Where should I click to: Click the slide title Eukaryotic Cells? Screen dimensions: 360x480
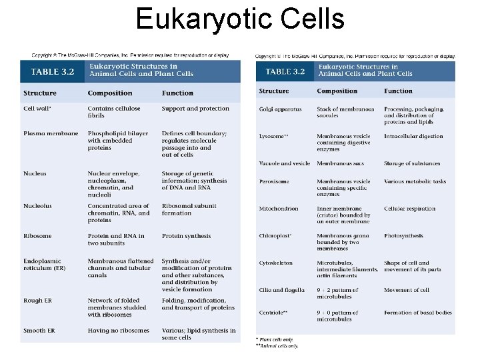(240, 19)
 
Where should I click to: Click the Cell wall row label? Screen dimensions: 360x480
(37, 108)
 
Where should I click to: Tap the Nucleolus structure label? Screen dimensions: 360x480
(37, 206)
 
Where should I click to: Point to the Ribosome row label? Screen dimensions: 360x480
(37, 236)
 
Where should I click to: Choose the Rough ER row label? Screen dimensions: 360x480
(38, 300)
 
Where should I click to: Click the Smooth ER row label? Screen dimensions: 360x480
(40, 331)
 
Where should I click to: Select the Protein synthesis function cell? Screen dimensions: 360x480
(186, 236)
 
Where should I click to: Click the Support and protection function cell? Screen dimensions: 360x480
(195, 108)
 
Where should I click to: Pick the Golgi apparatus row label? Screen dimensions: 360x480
(280, 109)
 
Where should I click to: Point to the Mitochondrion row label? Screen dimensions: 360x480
(279, 209)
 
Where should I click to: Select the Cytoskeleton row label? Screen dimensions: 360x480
(276, 263)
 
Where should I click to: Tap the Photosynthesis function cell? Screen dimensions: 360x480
(403, 235)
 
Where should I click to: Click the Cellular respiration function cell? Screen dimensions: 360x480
(409, 209)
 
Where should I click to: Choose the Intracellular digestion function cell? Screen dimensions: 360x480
(413, 136)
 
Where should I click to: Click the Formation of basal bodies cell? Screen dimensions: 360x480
(417, 312)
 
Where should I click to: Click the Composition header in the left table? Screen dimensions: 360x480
(110, 93)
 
